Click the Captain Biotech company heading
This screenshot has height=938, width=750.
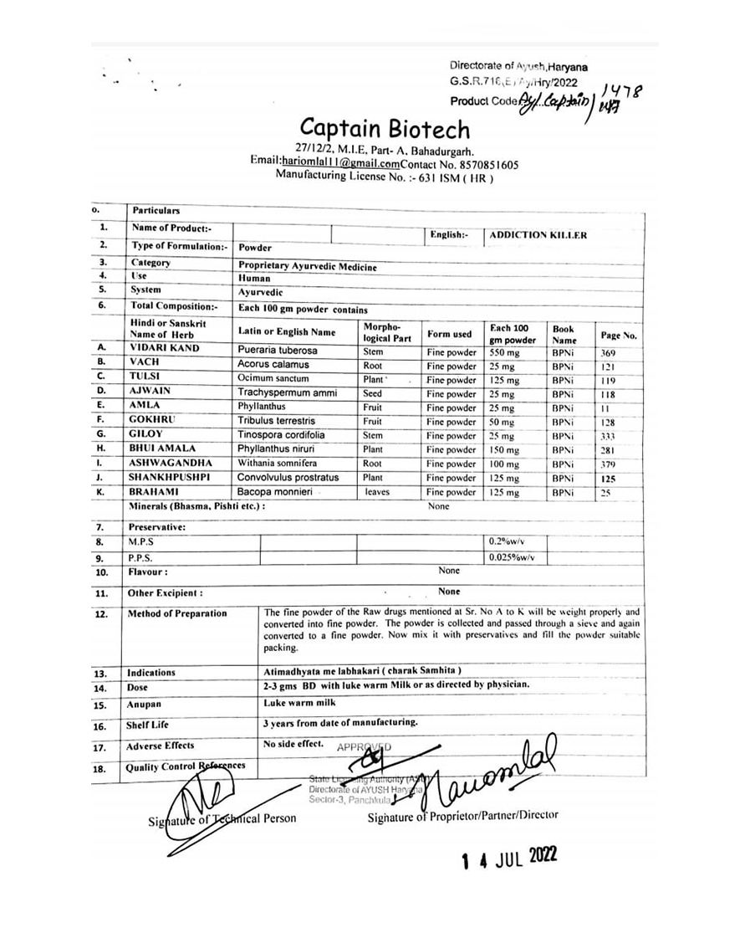pyautogui.click(x=385, y=130)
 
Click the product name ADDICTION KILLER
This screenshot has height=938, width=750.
pyautogui.click(x=538, y=235)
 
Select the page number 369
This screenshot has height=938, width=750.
pyautogui.click(x=609, y=353)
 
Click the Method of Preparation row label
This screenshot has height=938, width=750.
pyautogui.click(x=176, y=613)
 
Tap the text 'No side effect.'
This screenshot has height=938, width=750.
pyautogui.click(x=293, y=743)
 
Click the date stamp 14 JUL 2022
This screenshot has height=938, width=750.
pyautogui.click(x=509, y=859)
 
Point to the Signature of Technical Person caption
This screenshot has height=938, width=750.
pyautogui.click(x=222, y=818)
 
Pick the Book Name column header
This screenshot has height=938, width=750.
pyautogui.click(x=564, y=335)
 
